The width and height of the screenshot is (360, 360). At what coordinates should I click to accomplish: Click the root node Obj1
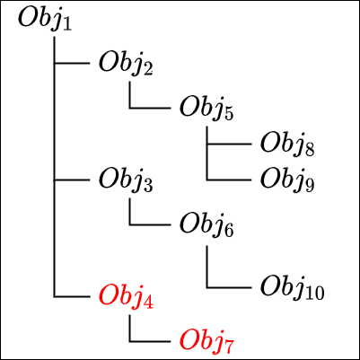(x=45, y=20)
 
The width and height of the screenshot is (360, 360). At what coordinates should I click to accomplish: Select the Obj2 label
(x=126, y=65)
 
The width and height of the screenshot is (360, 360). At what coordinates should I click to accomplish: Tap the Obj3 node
(x=126, y=181)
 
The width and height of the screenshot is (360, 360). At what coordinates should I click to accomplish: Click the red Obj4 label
(x=126, y=298)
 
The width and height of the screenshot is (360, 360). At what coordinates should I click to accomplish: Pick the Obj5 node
(x=206, y=110)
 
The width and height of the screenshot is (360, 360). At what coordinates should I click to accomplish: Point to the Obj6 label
(x=206, y=226)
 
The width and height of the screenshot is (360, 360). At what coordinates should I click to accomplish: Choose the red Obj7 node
(x=206, y=343)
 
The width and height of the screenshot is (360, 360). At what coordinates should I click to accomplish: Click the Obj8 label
(x=287, y=145)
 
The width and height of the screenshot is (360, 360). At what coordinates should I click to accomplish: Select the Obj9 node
(x=287, y=181)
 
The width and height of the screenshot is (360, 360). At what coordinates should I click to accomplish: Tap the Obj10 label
(x=293, y=289)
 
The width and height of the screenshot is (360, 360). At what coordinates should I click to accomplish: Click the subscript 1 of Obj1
(x=67, y=24)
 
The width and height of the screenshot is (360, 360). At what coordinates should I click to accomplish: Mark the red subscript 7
(x=229, y=347)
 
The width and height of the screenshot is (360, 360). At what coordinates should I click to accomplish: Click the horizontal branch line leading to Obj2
(x=72, y=63)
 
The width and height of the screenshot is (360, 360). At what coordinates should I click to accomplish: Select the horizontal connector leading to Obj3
(x=72, y=180)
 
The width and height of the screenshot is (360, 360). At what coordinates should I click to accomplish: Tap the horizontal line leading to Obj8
(x=229, y=144)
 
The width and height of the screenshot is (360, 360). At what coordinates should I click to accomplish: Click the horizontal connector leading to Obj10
(x=229, y=287)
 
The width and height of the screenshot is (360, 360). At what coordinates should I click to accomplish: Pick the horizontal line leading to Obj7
(x=150, y=341)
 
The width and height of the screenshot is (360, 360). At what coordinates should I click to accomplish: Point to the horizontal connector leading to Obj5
(x=150, y=108)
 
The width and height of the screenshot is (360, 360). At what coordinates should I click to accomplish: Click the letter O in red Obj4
(x=109, y=295)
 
